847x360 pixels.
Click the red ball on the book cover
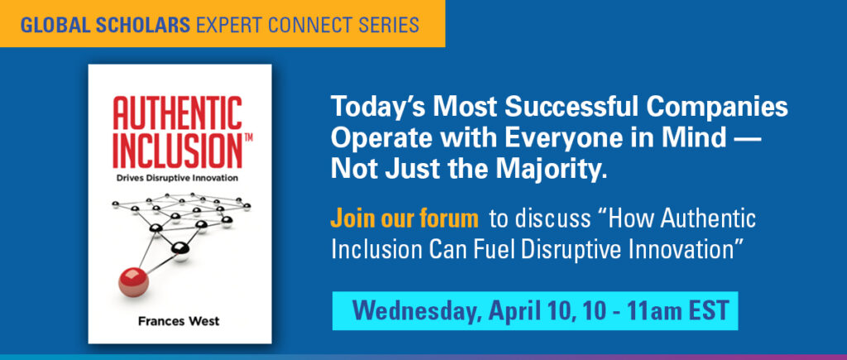(133, 281)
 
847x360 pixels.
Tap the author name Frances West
(179, 321)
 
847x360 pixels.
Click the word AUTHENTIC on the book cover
(177, 113)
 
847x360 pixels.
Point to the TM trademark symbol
(248, 138)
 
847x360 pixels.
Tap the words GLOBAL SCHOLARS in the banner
(105, 24)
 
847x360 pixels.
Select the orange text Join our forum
(404, 219)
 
